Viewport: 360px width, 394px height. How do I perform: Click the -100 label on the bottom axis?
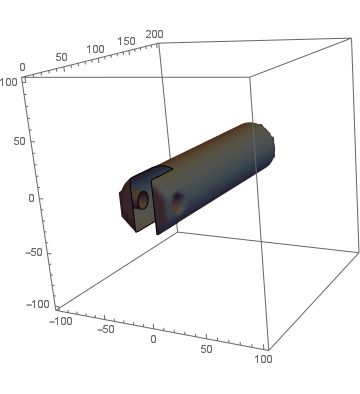[63, 321]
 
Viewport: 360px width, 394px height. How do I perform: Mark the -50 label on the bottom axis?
[103, 330]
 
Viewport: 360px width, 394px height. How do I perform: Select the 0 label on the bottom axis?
[153, 340]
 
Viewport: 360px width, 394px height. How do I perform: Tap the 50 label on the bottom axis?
[206, 349]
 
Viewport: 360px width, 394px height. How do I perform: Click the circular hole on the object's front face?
[142, 200]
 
